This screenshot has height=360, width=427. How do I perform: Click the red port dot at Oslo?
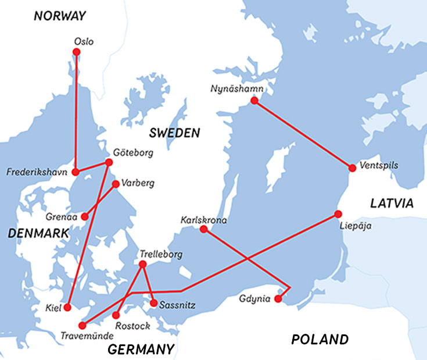76,52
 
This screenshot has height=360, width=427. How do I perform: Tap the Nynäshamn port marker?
254,101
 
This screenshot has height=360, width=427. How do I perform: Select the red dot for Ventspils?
352,168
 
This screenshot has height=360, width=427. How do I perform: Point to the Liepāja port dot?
338,213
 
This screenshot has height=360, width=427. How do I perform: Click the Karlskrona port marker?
203,229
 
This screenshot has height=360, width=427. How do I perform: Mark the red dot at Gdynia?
278,299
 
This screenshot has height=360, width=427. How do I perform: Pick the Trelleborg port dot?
143,265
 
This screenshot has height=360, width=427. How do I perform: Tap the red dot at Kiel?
67,307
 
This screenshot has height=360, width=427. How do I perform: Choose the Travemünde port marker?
82,325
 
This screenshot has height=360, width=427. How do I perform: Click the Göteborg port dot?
109,162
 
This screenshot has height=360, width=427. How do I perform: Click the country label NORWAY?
59,16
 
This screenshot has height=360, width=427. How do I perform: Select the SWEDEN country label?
174,133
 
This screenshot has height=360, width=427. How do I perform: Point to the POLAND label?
320,339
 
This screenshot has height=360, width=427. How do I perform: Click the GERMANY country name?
141,349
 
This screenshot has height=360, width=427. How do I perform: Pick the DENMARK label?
38,234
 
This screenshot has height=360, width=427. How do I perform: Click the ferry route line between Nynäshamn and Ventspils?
303,134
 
